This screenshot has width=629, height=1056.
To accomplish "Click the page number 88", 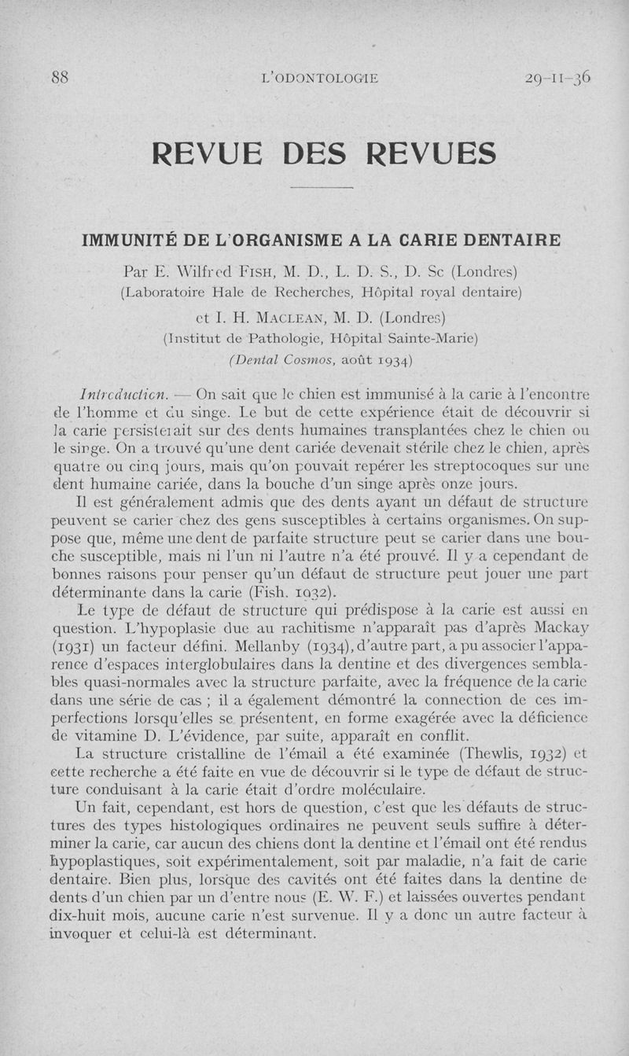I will [x=60, y=77].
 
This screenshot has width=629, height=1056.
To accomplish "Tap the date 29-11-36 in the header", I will [x=557, y=77].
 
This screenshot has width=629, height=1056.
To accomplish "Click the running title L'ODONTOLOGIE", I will [x=320, y=78].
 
